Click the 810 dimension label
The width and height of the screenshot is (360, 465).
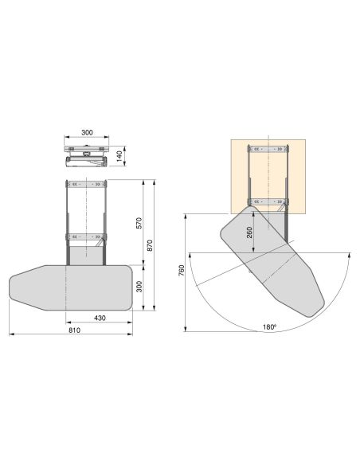[x=74, y=330]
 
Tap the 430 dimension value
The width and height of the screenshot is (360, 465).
[x=100, y=318]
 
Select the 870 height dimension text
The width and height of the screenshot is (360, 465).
[x=150, y=245]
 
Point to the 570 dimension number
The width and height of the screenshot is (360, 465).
[x=139, y=223]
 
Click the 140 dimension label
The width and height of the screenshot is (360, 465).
[x=119, y=156]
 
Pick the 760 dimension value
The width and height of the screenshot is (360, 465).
[x=182, y=271]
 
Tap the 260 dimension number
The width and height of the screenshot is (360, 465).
[x=249, y=232]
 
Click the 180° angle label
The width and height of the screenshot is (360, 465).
[x=269, y=327]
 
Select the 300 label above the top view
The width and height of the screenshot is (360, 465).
[x=87, y=132]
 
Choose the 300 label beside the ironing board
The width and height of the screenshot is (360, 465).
[x=139, y=287]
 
